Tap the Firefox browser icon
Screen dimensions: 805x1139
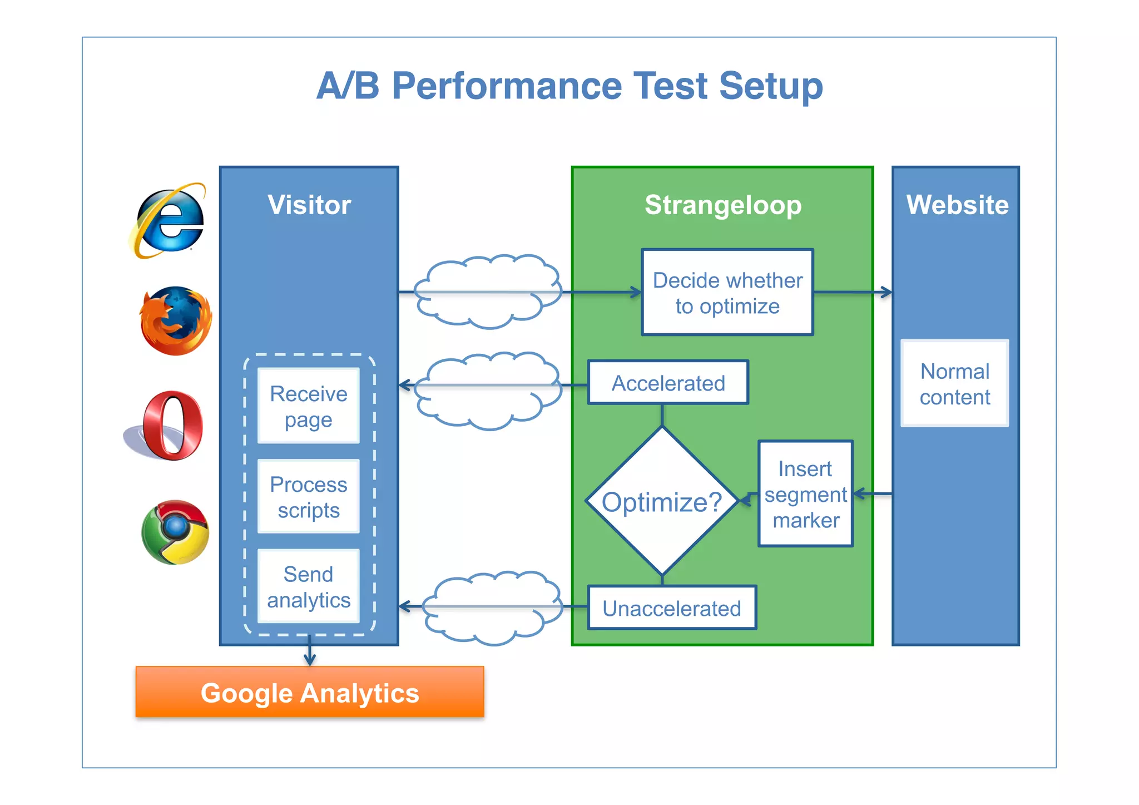pyautogui.click(x=176, y=320)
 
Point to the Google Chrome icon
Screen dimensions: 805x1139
pyautogui.click(x=175, y=532)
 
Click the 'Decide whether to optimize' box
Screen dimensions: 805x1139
pyautogui.click(x=727, y=293)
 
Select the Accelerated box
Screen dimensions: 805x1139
pyautogui.click(x=668, y=383)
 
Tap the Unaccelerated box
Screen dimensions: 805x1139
pyautogui.click(x=671, y=608)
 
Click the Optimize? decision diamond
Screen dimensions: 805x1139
pyautogui.click(x=662, y=501)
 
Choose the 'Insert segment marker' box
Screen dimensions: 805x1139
pyautogui.click(x=805, y=494)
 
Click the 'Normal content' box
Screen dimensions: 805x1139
pyautogui.click(x=954, y=384)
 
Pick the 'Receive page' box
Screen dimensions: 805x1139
pyautogui.click(x=309, y=406)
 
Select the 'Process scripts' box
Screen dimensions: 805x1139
pyautogui.click(x=309, y=497)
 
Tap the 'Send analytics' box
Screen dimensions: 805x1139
pyautogui.click(x=309, y=586)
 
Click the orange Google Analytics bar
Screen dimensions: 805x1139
pyautogui.click(x=310, y=692)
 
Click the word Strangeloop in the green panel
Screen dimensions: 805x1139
pyautogui.click(x=723, y=205)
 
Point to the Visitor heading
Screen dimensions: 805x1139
pyautogui.click(x=309, y=205)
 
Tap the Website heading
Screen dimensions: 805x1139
pyautogui.click(x=957, y=205)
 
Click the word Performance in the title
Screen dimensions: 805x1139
pyautogui.click(x=506, y=86)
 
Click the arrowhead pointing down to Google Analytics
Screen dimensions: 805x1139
pyautogui.click(x=310, y=660)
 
